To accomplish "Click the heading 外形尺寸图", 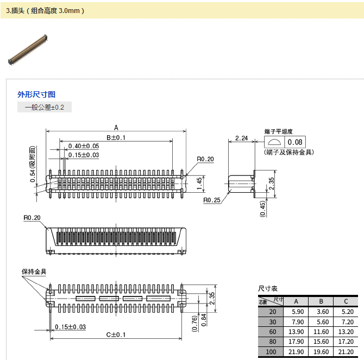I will coord(36,94).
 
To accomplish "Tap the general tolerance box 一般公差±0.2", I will coord(45,107).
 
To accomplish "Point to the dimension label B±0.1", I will coord(116,137).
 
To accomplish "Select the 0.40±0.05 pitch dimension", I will coord(84,146).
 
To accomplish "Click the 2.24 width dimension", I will coord(241,138).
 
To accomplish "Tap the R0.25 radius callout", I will coord(211,200).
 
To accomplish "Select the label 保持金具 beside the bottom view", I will coord(34,271).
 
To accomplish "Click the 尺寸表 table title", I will coord(268,288).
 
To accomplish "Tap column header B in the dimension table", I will coord(321,301).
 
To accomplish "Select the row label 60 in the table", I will coord(272,331).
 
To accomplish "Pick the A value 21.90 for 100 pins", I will coord(296,352).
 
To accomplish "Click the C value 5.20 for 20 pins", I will coord(346,312).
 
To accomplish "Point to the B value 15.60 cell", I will coord(321,342).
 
